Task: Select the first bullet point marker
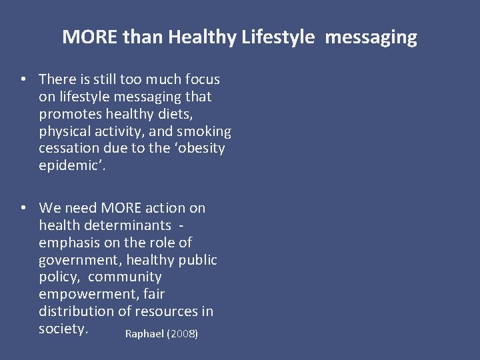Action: coord(23,79)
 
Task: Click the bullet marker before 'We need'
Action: coord(23,208)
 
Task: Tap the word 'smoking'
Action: coord(205,131)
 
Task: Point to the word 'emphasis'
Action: coord(67,243)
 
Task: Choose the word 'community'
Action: coord(125,277)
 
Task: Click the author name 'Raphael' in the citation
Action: coord(144,333)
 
